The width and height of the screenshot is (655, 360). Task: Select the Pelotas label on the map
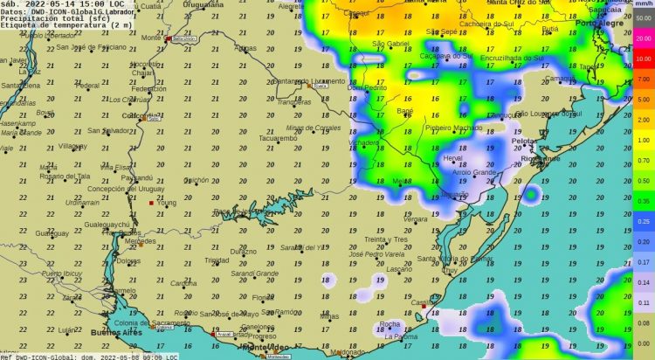click(x=524, y=140)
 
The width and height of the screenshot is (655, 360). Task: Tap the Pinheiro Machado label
click(x=453, y=128)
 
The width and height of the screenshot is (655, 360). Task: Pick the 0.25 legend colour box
click(x=642, y=222)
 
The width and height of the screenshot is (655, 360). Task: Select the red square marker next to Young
click(x=151, y=203)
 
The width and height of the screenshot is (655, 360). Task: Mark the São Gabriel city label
click(x=390, y=44)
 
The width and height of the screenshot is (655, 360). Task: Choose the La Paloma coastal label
click(x=400, y=336)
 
